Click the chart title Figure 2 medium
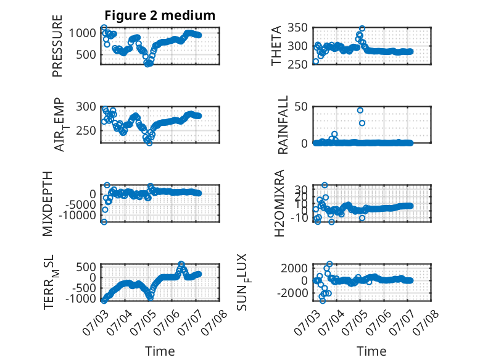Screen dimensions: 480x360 (160, 15)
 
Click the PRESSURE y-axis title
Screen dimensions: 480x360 (57, 46)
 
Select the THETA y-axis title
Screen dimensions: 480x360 (276, 46)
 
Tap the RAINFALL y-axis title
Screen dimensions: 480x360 (283, 124)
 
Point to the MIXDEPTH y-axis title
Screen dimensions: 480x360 (48, 204)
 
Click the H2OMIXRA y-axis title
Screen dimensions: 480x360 (279, 203)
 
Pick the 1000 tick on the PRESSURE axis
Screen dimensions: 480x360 (82, 33)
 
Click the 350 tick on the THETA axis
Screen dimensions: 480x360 (297, 28)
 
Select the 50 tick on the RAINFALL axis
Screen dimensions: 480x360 (301, 107)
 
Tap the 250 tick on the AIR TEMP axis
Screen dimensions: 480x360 (86, 130)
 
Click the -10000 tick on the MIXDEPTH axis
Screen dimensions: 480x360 (77, 216)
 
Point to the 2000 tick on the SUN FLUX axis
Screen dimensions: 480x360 (294, 269)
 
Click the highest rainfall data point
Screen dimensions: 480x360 (360, 111)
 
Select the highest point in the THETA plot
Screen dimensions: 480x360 (362, 28)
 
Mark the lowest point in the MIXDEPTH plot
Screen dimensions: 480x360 (104, 222)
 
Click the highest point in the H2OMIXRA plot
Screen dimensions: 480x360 (325, 185)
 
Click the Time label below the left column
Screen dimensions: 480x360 (160, 351)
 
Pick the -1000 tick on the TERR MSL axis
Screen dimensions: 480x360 (81, 298)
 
